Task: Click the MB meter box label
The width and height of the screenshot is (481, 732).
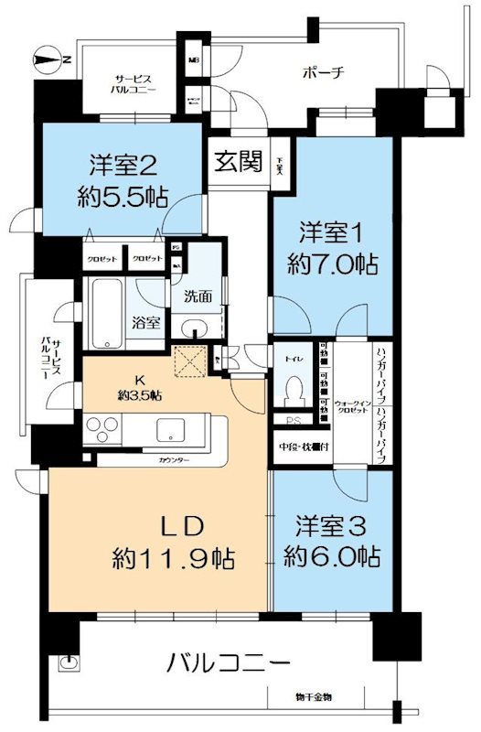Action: [193, 61]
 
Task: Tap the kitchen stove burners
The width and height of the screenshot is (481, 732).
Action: [103, 429]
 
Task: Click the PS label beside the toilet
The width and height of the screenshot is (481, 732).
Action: [294, 421]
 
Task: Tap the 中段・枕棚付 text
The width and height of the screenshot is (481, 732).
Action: [305, 447]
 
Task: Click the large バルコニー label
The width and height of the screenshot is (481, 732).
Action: [230, 662]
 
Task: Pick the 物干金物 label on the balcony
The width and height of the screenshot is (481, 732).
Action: [314, 699]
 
